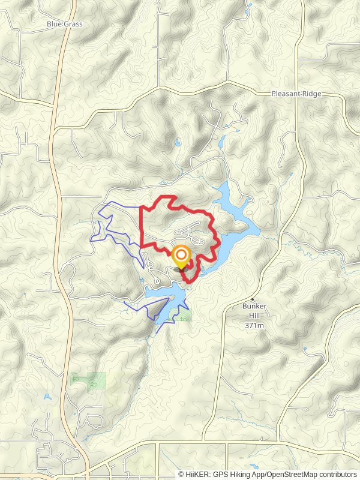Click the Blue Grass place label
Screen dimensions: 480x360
coord(64,24)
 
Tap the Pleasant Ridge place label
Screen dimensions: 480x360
coord(296,94)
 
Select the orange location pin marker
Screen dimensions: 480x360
coord(181,257)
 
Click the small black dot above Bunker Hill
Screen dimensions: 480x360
coord(253,299)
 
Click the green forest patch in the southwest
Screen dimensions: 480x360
coord(89,379)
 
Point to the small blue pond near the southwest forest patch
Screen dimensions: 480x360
coord(47,396)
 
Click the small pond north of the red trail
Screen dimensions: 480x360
coord(178,143)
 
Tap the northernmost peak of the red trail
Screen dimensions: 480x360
coord(172,197)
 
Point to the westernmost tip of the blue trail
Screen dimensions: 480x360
coord(91,239)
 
